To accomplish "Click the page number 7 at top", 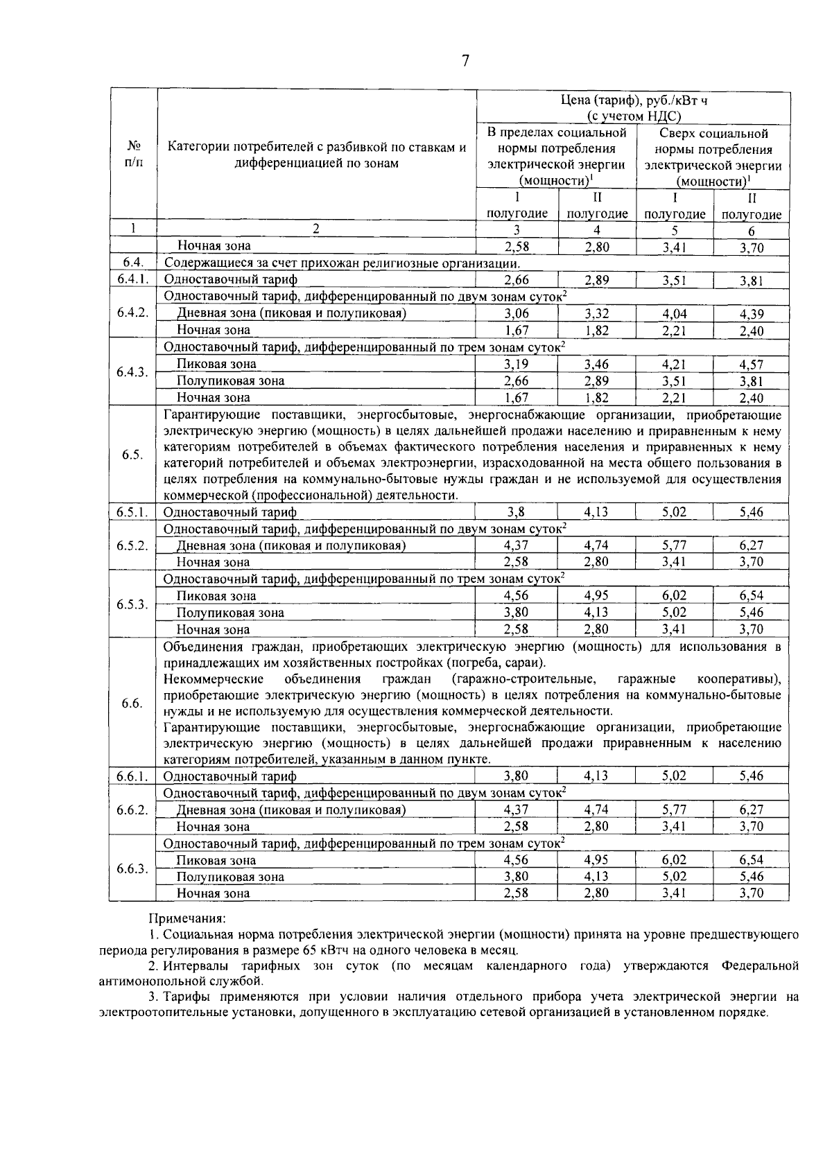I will click(465, 61).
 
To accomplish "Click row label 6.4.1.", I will click(132, 279).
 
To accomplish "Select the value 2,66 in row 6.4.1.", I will click(517, 280).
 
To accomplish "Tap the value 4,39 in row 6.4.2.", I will click(751, 313).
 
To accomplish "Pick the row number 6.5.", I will click(132, 455).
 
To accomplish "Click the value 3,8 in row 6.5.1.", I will click(517, 512).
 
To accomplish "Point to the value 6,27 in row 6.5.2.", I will click(751, 545).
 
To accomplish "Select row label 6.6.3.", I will click(132, 868).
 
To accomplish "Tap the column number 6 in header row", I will click(751, 231).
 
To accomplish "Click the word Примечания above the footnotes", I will click(187, 918).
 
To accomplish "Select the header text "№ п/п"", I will click(134, 155).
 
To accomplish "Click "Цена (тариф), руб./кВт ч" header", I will click(634, 100).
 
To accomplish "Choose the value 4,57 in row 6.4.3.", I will click(751, 364).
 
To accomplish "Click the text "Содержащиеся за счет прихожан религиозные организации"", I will click(342, 263).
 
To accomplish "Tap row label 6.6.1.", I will click(132, 776).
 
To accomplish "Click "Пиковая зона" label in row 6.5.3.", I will click(216, 596).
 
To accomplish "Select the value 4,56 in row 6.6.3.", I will click(517, 860).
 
